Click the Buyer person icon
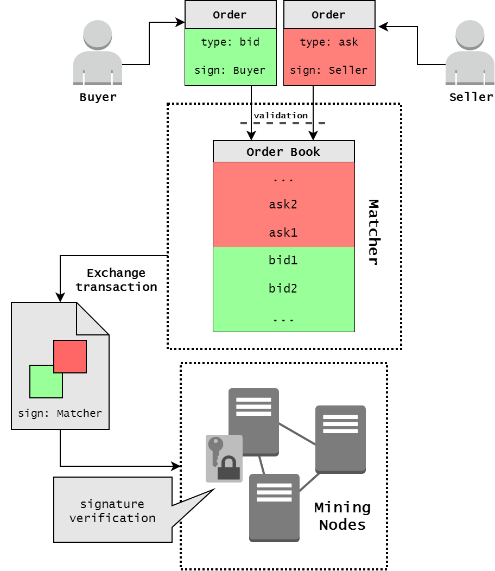click(98, 53)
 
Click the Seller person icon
click(469, 53)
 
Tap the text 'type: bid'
click(230, 42)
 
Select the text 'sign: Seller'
click(329, 70)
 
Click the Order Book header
click(283, 151)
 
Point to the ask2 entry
click(283, 205)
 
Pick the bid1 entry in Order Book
click(283, 261)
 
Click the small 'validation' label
click(281, 116)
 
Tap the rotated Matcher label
click(373, 232)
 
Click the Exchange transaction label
click(116, 280)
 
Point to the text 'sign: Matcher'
click(60, 413)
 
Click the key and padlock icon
click(224, 459)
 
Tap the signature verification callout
click(112, 510)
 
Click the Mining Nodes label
click(342, 516)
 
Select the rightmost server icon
click(340, 439)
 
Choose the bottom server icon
click(274, 507)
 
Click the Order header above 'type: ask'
click(329, 15)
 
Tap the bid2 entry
click(283, 288)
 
